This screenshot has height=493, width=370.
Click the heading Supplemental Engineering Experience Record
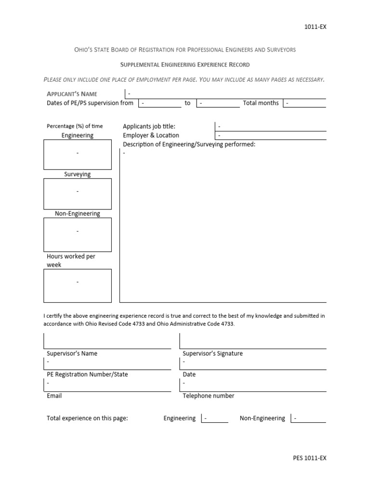click(x=185, y=65)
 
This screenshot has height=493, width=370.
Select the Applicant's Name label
click(x=72, y=94)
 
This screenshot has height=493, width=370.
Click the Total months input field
click(x=304, y=103)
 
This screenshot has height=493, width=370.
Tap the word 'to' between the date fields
click(x=187, y=103)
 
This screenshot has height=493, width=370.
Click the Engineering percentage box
click(x=78, y=154)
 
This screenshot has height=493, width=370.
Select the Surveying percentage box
click(x=78, y=193)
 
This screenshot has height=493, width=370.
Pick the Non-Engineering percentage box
click(x=78, y=233)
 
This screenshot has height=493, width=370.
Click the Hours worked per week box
click(x=78, y=285)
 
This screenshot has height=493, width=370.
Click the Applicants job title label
click(x=149, y=126)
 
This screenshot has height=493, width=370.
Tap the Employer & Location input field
click(x=270, y=135)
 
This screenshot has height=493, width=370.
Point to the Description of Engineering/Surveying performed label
click(x=189, y=144)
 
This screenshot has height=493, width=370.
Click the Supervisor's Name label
click(x=72, y=353)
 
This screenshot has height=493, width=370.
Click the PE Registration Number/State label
click(x=87, y=374)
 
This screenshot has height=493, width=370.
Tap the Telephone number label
click(x=209, y=396)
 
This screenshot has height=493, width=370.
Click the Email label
click(x=54, y=396)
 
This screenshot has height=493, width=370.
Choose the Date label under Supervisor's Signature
click(x=189, y=374)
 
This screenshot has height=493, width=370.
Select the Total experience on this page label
click(x=87, y=418)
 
